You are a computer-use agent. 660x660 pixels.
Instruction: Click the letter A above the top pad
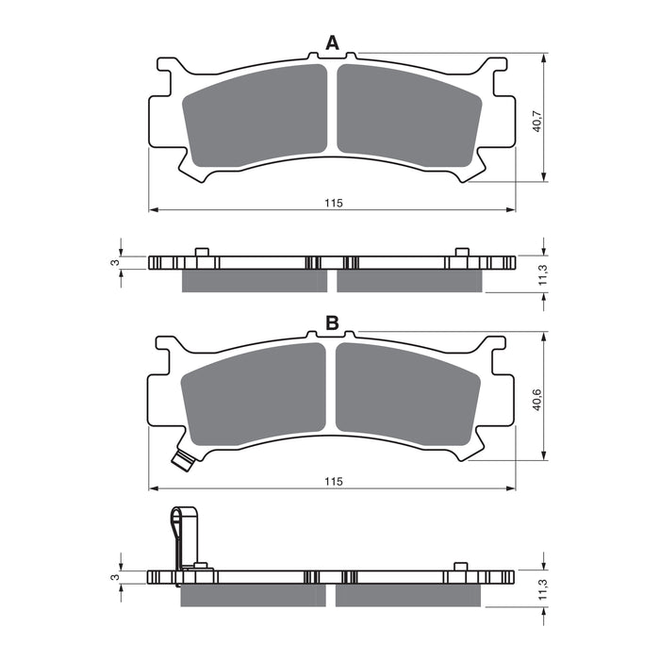tap(332, 42)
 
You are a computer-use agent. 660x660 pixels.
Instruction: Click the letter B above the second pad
tap(332, 323)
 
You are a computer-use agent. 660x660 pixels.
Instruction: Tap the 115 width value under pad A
tap(332, 203)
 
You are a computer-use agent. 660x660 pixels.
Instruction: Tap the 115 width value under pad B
tap(332, 481)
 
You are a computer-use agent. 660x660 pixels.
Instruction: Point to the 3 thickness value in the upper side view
tap(114, 262)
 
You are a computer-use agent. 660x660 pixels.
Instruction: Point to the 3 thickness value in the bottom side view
tap(114, 576)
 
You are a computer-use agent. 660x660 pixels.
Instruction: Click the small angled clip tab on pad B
tap(183, 459)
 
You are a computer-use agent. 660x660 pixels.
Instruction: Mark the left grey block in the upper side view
tap(254, 281)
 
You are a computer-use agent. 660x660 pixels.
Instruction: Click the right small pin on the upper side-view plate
tap(461, 252)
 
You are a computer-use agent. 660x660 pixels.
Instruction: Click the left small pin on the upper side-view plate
tap(201, 252)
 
